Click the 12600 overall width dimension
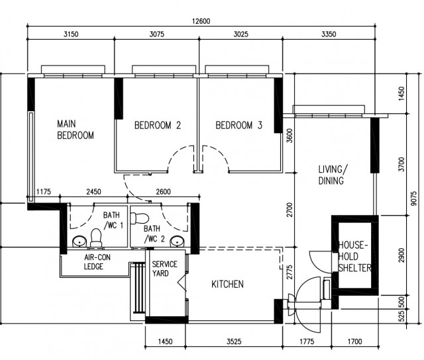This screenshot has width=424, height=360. (201, 21)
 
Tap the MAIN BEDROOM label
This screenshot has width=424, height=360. (76, 130)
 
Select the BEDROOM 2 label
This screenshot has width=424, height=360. (158, 125)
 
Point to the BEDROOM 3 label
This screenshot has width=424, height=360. (239, 125)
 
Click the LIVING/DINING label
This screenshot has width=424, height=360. (333, 175)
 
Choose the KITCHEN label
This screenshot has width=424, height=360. (227, 284)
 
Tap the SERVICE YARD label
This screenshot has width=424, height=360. (164, 269)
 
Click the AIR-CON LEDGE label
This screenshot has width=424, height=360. (97, 261)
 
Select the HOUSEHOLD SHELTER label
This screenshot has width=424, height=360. (354, 256)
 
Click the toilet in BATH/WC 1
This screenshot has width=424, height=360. (96, 238)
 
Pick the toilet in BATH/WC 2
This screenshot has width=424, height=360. (140, 218)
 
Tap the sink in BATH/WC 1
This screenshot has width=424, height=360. (79, 241)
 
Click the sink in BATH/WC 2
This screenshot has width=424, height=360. (177, 241)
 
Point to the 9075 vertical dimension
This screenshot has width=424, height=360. (413, 199)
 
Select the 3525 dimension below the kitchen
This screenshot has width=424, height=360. (234, 341)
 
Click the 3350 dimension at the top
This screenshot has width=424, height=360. (329, 34)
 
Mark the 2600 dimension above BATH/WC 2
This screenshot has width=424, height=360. (164, 192)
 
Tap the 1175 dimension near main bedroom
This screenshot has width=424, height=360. (44, 192)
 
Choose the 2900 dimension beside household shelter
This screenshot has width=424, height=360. (401, 255)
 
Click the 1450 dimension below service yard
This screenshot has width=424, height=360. (165, 341)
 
